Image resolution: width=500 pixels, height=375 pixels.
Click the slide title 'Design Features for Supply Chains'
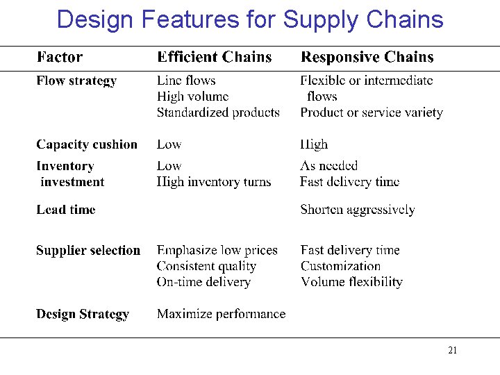coord(249,19)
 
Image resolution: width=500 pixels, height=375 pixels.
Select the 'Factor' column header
coord(59,58)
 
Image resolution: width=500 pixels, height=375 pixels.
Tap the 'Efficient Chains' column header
coord(215,58)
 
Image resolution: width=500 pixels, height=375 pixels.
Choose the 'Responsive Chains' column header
coord(367,58)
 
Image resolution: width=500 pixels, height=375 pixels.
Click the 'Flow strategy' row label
coord(76,81)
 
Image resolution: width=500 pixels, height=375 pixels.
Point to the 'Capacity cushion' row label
coord(87,145)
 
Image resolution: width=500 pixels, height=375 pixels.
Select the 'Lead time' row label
coord(66,210)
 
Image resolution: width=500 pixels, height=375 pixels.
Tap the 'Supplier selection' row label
coord(88,251)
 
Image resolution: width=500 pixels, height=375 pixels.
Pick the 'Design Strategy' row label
coord(83,315)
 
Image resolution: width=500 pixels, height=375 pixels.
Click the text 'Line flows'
coord(186,81)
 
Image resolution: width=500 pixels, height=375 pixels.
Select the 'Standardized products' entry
coord(218,112)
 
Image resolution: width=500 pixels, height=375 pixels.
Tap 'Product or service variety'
coord(372,112)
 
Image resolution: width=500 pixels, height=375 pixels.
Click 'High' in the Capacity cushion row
coord(314,145)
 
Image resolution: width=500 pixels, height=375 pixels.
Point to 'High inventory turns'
coord(214,182)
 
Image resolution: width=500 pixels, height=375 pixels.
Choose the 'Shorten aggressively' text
coord(358,210)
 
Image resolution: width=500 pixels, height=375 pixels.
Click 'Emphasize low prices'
coord(217,251)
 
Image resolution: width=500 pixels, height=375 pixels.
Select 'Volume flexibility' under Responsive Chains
coord(352,282)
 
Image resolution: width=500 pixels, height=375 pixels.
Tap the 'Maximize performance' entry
coord(221,315)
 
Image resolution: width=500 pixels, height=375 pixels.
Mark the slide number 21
coord(453,350)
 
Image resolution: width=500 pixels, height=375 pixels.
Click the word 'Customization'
coord(341,266)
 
